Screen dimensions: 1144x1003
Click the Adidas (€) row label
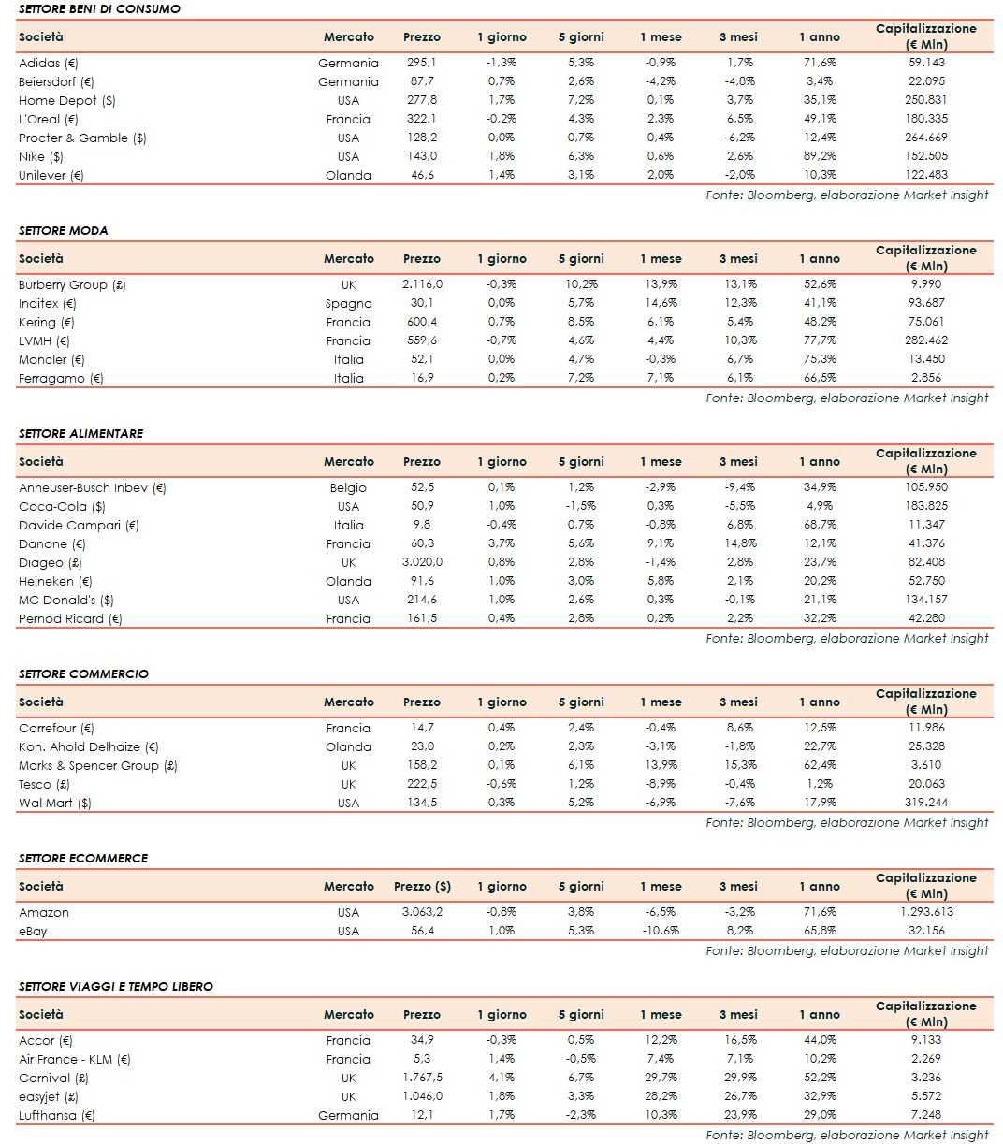[x=49, y=63]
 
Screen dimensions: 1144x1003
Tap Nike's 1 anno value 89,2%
[x=818, y=156]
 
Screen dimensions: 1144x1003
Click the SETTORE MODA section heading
[x=64, y=230]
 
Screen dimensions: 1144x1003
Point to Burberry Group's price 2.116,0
[x=421, y=284]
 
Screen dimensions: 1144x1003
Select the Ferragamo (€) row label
[x=61, y=378]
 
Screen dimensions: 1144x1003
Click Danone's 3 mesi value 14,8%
[x=738, y=543]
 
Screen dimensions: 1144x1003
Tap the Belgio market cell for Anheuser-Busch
[x=348, y=487]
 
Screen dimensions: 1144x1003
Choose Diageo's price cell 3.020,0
[x=421, y=562]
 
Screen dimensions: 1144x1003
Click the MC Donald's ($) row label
[x=66, y=600]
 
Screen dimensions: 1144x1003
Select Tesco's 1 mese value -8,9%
[x=660, y=784]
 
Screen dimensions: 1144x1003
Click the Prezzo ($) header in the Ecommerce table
[x=422, y=886]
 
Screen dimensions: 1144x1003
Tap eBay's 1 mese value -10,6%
[x=660, y=931]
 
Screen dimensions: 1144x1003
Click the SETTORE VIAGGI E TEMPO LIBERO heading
[x=116, y=986]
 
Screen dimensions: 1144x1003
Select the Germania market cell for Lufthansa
[x=348, y=1115]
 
